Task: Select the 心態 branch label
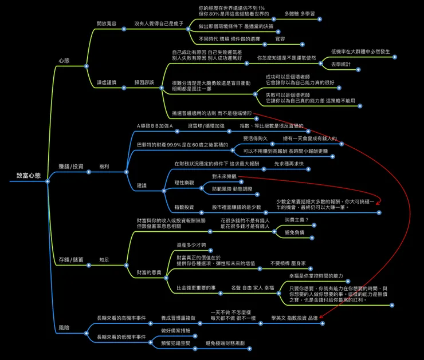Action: tap(64, 60)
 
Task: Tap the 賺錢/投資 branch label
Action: tap(71, 167)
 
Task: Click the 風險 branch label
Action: tap(64, 328)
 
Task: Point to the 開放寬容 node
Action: tap(107, 24)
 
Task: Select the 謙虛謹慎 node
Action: tap(107, 82)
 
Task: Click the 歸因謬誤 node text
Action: tap(144, 82)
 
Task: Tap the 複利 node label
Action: tap(104, 167)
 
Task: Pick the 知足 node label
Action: tap(104, 259)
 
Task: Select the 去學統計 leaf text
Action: tap(341, 64)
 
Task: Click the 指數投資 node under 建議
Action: tap(184, 207)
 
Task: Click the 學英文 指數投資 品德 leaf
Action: tap(295, 317)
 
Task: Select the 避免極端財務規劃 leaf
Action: tap(225, 343)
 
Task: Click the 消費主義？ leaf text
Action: tap(297, 220)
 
